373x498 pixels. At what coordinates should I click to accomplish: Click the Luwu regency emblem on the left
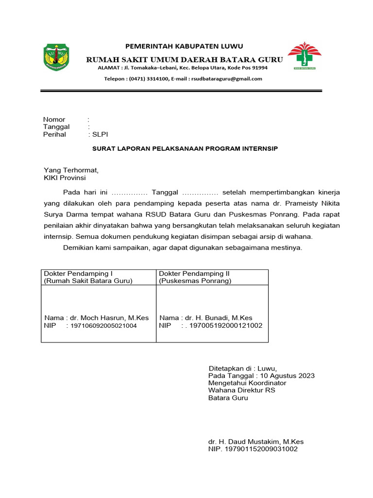point(57,57)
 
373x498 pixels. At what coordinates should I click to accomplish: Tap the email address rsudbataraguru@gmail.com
point(226,78)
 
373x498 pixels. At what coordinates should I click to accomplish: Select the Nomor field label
point(54,119)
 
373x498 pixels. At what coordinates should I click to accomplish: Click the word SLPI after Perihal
point(100,134)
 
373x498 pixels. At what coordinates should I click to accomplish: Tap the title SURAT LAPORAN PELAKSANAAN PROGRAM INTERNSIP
point(185,148)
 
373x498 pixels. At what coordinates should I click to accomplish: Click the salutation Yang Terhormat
point(71,170)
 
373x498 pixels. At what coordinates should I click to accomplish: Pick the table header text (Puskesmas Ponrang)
point(195,281)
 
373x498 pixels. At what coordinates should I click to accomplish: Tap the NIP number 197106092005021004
point(103,325)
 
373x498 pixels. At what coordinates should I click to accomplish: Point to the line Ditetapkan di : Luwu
point(242,368)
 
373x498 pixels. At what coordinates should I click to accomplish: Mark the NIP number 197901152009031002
point(260,449)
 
